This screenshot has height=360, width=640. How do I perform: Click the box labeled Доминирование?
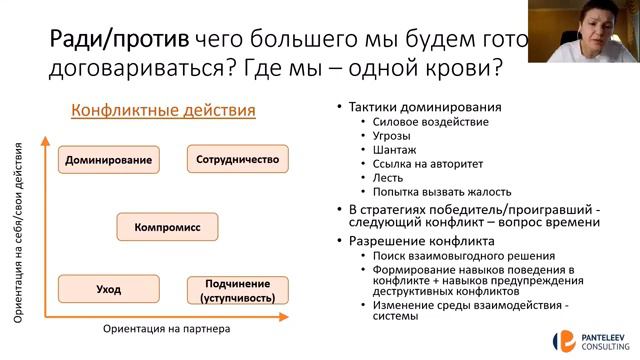pos(109,160)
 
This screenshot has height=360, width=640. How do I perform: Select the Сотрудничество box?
pos(237,159)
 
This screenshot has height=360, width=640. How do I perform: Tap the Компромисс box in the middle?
pos(167,228)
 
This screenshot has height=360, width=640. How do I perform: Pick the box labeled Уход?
pos(109,290)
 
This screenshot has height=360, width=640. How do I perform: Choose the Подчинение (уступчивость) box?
pos(237,290)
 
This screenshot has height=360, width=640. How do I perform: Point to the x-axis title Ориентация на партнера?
pos(166,328)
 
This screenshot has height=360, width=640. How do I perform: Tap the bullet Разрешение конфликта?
pos(421,240)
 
